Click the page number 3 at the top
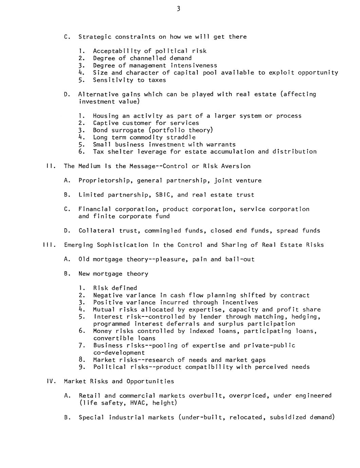[178, 9]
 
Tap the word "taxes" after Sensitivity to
[157, 80]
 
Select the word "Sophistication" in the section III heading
[122, 245]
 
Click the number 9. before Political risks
[81, 367]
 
